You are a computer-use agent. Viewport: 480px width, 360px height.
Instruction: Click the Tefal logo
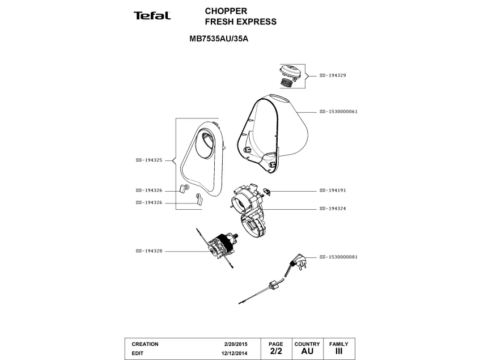[x=152, y=16]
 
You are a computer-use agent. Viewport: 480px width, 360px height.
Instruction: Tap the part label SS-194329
[x=333, y=75]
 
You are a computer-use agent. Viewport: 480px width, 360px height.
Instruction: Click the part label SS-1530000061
[x=338, y=112]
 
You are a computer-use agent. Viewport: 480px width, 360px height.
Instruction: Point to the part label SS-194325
[x=149, y=160]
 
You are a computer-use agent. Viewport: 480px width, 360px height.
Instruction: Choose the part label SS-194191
[x=333, y=190]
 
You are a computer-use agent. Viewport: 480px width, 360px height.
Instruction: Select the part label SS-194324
[x=333, y=209]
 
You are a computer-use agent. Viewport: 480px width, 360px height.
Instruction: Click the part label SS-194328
[x=149, y=251]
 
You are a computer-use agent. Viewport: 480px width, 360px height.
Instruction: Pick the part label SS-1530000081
[x=338, y=256]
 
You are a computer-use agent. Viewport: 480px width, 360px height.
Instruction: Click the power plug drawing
[x=296, y=264]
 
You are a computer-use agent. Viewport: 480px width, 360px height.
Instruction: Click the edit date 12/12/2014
[x=235, y=353]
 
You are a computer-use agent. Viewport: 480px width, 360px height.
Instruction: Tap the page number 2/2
[x=275, y=351]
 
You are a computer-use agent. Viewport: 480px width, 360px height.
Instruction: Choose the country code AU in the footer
[x=307, y=351]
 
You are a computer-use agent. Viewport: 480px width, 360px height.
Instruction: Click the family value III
[x=339, y=351]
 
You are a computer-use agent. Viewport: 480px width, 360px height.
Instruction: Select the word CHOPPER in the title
[x=226, y=11]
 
